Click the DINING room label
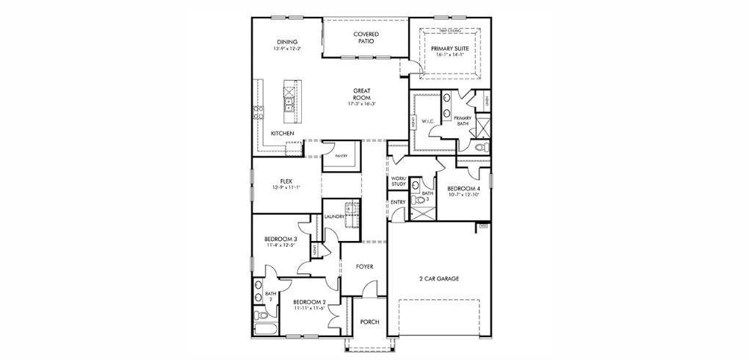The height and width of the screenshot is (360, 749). coord(286,42)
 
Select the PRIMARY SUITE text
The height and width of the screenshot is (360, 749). coord(450,48)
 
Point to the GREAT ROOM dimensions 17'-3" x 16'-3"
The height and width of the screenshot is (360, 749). coord(361,104)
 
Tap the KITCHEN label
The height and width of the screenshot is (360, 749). coord(283,133)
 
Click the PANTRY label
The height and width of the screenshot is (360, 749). coord(341,156)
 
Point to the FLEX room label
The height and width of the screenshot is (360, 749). coord(286,181)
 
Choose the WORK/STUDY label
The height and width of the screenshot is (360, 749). coord(398,182)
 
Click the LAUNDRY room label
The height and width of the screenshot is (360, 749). coord(334,217)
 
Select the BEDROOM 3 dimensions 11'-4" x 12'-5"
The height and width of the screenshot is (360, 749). coord(281,245)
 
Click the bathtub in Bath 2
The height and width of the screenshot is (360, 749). coord(262,317)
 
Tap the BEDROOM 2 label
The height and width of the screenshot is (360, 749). coord(309,302)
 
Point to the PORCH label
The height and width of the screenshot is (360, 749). coord(369,321)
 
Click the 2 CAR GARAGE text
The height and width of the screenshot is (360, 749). coord(438,279)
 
